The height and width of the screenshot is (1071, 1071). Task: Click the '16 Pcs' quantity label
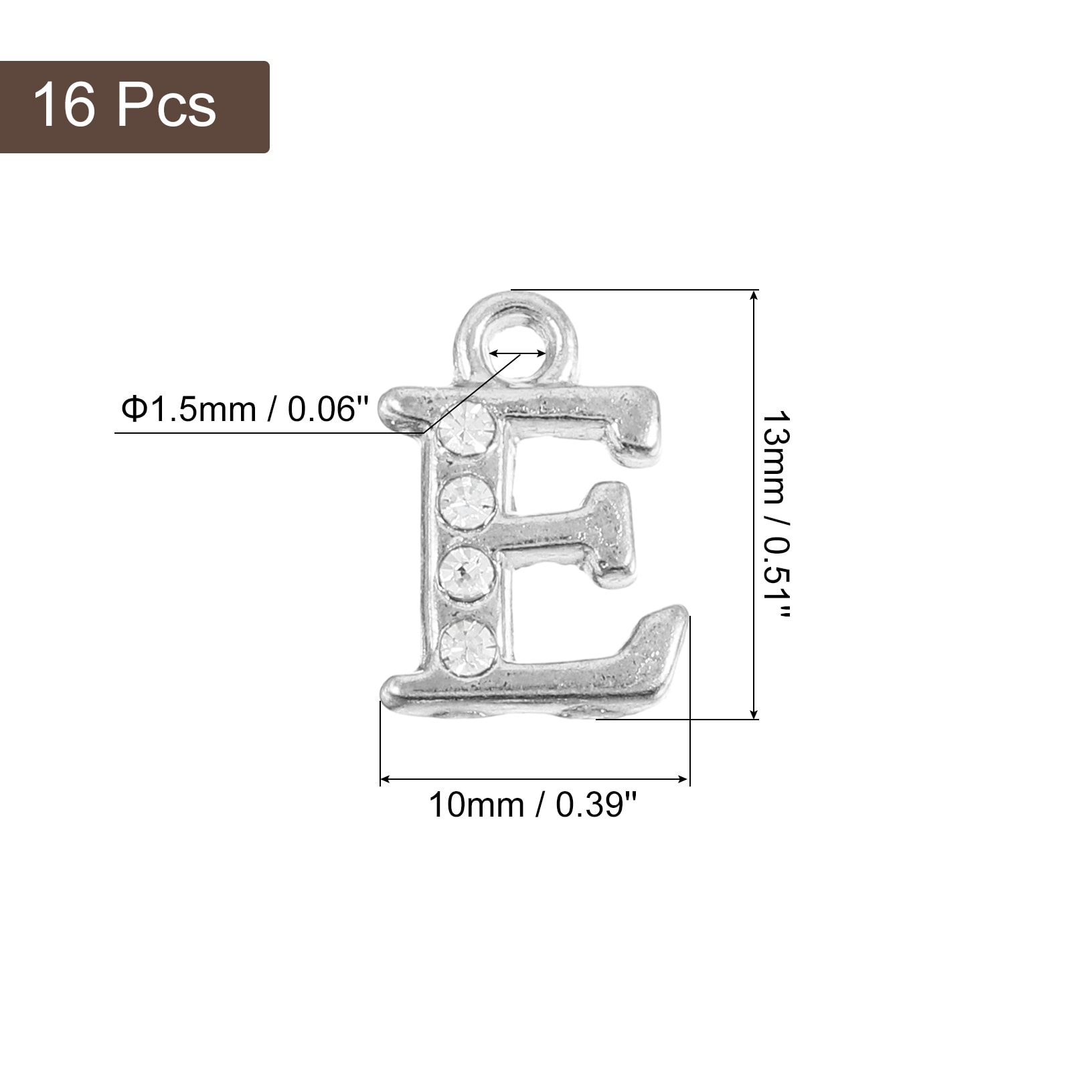(x=125, y=105)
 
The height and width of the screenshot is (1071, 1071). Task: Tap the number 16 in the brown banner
(x=64, y=105)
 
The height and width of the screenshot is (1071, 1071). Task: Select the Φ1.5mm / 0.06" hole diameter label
(x=244, y=409)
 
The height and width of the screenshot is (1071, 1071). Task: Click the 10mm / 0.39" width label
(x=532, y=804)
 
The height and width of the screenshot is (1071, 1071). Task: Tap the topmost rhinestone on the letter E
(x=465, y=428)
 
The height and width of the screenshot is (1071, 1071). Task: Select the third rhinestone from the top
(x=467, y=574)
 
